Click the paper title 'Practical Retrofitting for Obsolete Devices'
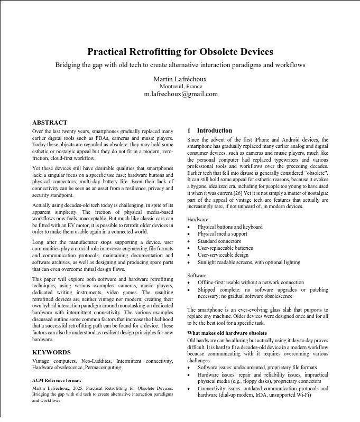coord(180,52)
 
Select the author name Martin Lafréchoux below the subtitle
coord(180,79)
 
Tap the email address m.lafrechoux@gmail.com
coord(180,94)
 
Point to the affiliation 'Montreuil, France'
coord(180,86)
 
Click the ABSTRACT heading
coord(50,123)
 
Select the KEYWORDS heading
coord(51,351)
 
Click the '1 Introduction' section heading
coord(210,130)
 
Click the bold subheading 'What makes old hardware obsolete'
coord(227,333)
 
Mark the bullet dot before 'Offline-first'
coord(190,283)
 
